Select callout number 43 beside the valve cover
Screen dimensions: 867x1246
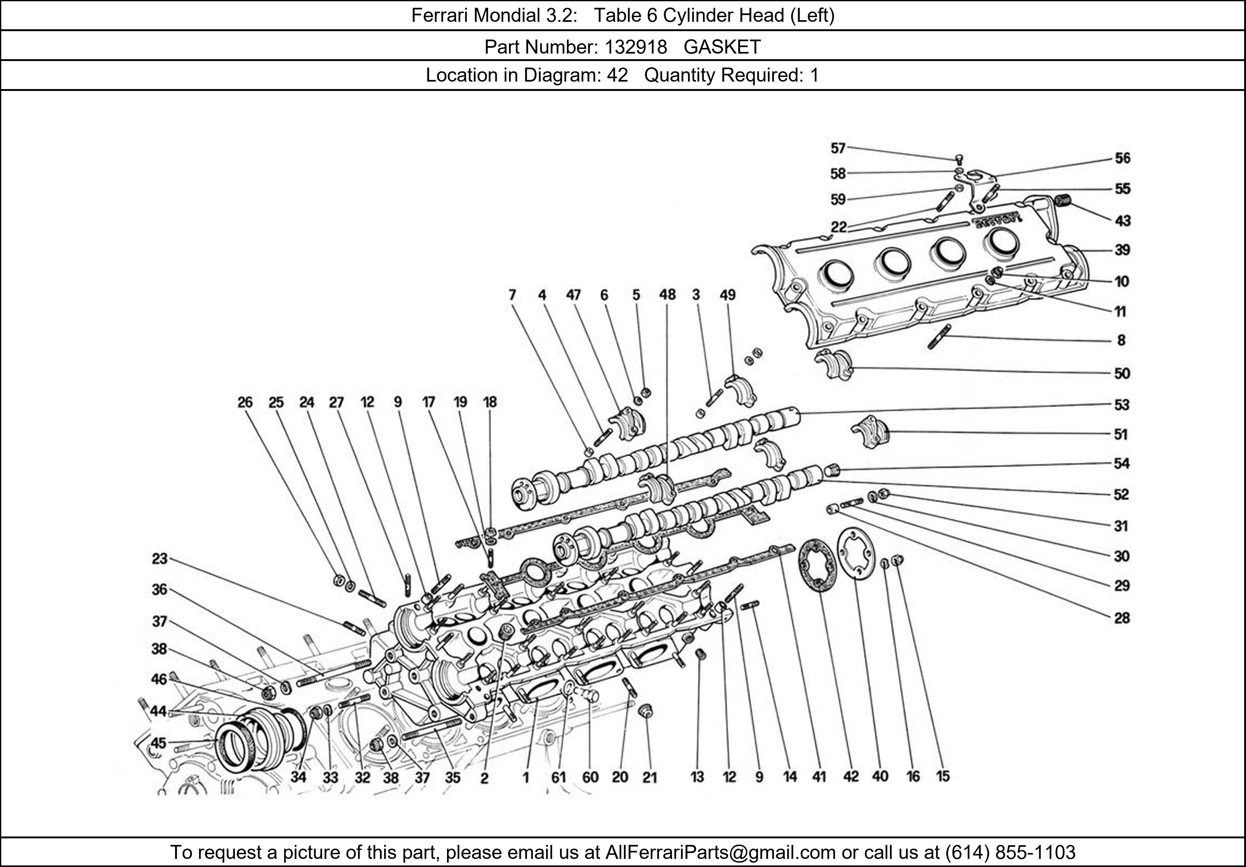pos(1122,221)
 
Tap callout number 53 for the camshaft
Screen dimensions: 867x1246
pos(1121,405)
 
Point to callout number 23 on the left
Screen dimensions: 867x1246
pos(159,559)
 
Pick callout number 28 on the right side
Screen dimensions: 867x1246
pos(1121,618)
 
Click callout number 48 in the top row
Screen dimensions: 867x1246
pos(667,295)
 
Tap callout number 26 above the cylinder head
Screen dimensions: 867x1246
pos(245,402)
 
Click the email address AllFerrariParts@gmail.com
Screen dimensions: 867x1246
pos(720,852)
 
